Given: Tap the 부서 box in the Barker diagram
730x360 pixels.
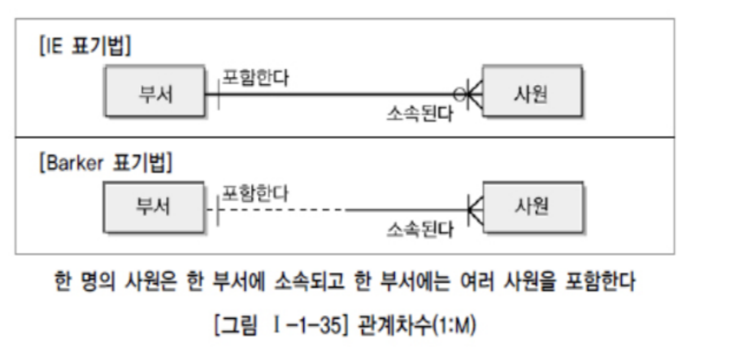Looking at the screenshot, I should click(x=155, y=207).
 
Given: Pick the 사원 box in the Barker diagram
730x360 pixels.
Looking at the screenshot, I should click(x=532, y=207).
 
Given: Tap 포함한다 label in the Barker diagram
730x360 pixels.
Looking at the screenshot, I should click(x=255, y=193).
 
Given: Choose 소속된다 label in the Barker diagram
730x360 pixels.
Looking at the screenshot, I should click(x=419, y=230).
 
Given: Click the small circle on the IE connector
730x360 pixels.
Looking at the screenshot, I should click(x=460, y=94).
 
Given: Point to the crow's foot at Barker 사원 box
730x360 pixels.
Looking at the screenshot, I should click(x=475, y=209).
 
